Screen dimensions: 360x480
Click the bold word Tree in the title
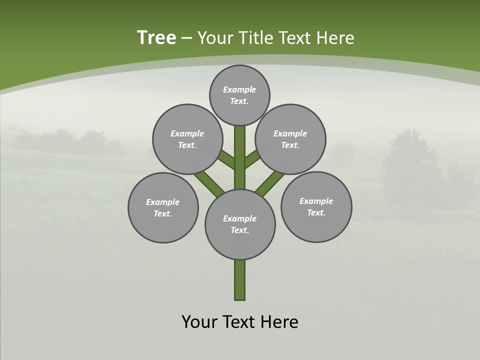pyautogui.click(x=156, y=38)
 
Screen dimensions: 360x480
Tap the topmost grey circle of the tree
pyautogui.click(x=239, y=95)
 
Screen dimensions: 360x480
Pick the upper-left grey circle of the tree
pyautogui.click(x=187, y=139)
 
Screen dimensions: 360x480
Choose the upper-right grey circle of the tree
pyautogui.click(x=290, y=139)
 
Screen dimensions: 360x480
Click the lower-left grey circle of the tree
pyautogui.click(x=163, y=207)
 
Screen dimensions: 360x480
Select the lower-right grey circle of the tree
pyautogui.click(x=316, y=206)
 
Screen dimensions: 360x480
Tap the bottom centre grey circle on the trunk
pyautogui.click(x=240, y=224)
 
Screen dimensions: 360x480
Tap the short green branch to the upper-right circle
pyautogui.click(x=251, y=160)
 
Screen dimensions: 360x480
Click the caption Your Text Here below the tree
pyautogui.click(x=240, y=321)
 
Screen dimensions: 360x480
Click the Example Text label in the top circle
pyautogui.click(x=239, y=95)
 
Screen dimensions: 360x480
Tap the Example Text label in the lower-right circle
pyautogui.click(x=316, y=206)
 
